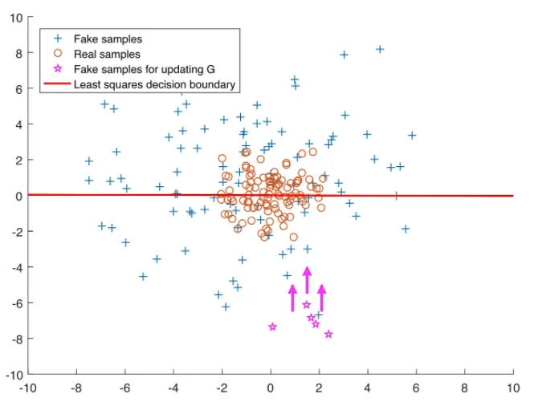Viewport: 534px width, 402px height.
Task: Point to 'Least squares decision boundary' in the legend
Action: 154,84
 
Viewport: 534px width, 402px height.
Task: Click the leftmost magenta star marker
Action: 273,327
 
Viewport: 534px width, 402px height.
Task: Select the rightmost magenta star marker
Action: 328,334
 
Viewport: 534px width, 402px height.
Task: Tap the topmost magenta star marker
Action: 307,304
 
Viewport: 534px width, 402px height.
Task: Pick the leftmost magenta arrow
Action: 293,298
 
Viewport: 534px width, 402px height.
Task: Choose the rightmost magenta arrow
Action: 321,298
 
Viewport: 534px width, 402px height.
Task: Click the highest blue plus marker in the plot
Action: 380,49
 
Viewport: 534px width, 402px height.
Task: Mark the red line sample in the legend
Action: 57,84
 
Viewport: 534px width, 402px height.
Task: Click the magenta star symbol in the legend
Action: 57,69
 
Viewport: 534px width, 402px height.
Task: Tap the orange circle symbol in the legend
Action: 57,54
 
